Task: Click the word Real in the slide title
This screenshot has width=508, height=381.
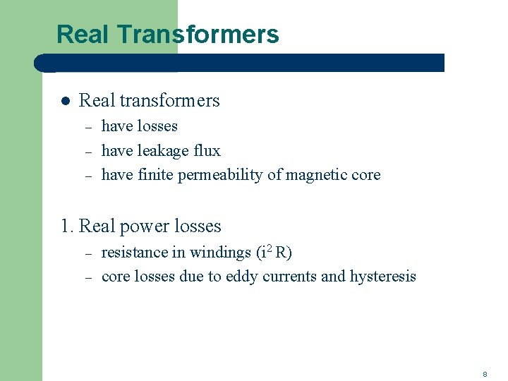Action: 78,34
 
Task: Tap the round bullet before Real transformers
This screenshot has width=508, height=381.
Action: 64,102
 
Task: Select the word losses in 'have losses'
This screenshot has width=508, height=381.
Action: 157,126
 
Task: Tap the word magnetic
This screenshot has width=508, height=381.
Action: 317,175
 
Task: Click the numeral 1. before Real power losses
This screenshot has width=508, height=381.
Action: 67,226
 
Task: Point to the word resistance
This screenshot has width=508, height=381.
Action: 133,253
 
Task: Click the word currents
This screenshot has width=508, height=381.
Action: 289,277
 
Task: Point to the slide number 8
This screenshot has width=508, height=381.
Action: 485,373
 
